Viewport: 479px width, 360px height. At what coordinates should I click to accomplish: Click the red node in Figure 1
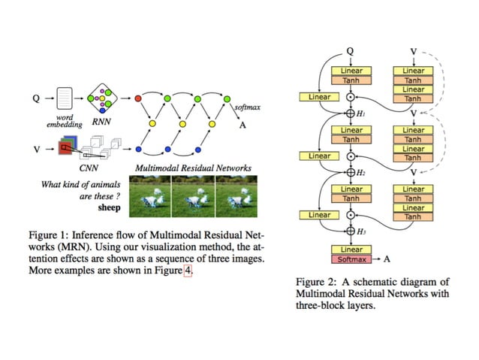tap(138, 98)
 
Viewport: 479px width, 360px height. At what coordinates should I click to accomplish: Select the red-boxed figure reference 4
tap(188, 272)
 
